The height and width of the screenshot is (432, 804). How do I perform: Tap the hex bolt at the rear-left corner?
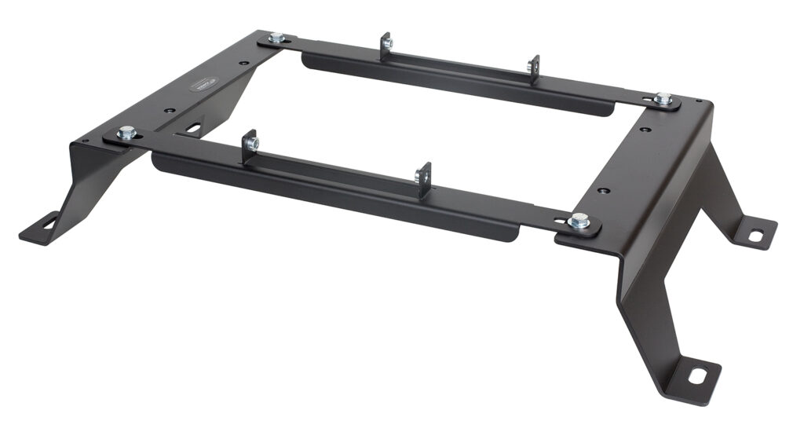point(276,38)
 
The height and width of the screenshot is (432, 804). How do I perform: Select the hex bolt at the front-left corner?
point(126,134)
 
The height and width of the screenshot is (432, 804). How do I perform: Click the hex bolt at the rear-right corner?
point(663,99)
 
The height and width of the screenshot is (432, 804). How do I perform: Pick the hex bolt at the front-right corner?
point(579,221)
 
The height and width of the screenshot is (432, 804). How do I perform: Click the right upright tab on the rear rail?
point(534,68)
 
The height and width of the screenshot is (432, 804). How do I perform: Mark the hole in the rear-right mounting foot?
point(755,235)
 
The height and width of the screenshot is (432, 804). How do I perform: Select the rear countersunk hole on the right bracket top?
point(645,129)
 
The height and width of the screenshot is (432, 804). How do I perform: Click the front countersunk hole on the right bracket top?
point(602,189)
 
